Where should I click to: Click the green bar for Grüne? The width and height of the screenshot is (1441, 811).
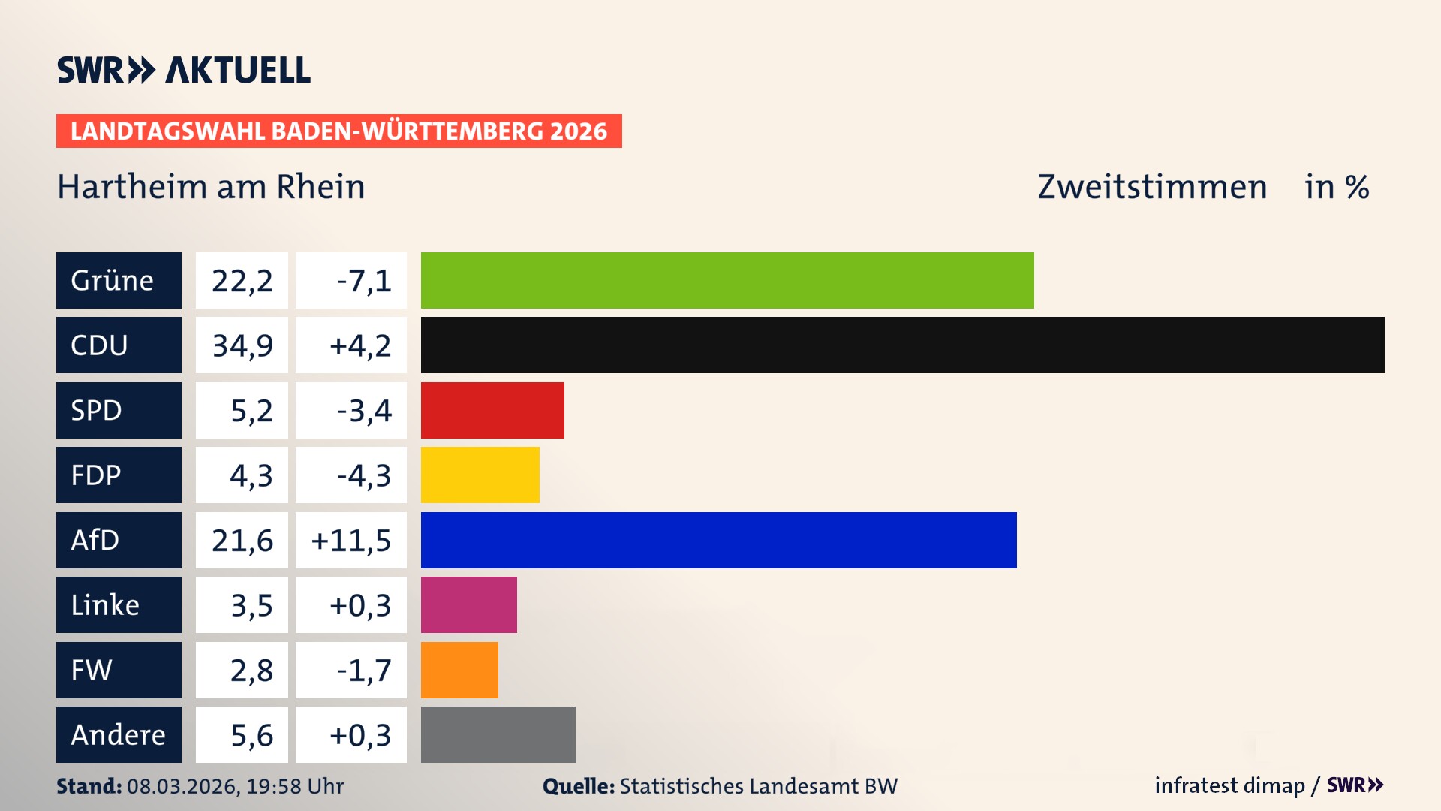pos(727,280)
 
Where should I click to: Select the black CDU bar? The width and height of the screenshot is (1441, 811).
pos(902,345)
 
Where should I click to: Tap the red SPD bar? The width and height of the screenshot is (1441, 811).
pos(492,410)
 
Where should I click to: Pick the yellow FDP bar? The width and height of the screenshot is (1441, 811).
pos(480,475)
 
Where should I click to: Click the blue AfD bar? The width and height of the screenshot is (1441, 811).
pos(718,540)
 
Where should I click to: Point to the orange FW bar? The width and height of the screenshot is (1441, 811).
pos(459,670)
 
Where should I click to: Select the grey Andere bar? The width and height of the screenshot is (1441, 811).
pos(498,734)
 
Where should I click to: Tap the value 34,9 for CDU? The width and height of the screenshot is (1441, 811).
pos(242,345)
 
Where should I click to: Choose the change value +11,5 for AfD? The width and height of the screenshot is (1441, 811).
pos(351,541)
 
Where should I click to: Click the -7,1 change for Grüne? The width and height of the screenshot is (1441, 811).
pos(363,281)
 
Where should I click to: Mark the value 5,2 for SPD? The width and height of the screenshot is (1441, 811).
pos(251,411)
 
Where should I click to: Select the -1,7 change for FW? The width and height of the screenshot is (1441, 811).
pos(363,671)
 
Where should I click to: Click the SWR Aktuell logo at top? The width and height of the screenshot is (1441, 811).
pos(183,70)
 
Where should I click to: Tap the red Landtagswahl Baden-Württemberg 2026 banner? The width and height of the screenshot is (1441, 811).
pos(338,131)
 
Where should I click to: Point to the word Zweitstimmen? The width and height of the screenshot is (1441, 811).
pos(1151,187)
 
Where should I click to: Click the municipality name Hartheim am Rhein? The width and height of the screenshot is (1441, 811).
pos(211,187)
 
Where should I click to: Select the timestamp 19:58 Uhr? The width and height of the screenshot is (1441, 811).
pos(294,786)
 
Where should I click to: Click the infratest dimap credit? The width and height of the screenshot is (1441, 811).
pos(1229,785)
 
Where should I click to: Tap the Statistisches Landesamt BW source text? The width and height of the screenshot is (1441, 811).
pos(758,786)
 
